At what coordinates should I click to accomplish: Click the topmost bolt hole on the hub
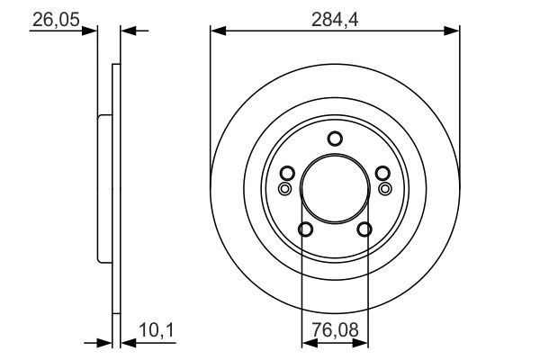coord(335,139)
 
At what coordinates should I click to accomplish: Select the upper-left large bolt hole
coord(287,174)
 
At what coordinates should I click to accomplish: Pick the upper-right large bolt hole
coord(382,174)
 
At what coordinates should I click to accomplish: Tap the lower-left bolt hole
coord(305,229)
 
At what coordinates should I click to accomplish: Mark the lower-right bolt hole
coord(364,229)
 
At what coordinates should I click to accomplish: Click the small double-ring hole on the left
coord(285,189)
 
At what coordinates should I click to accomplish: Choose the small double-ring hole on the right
coord(385,189)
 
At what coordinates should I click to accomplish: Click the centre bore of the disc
coord(335,187)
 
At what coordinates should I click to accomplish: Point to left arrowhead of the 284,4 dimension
coord(216,31)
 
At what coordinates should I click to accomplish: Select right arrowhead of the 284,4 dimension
coord(454,31)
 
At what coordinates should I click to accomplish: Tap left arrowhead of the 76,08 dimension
coord(307,343)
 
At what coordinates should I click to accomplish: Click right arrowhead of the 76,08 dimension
coord(364,343)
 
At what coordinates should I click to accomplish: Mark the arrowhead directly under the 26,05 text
coord(90,31)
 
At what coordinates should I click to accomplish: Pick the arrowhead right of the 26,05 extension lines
coord(127,31)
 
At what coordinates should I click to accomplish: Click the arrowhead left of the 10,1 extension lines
coord(103,343)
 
